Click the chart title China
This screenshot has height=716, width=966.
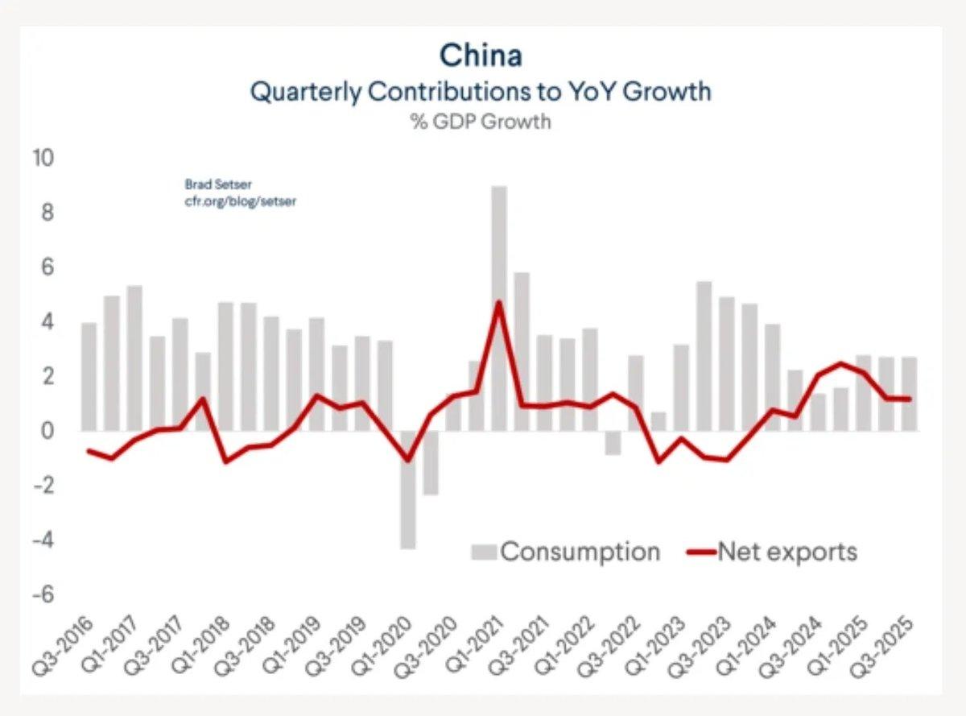point(481,56)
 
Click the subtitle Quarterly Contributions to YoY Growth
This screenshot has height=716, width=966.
point(481,91)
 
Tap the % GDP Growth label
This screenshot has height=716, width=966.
point(481,122)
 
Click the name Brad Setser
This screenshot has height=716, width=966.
point(207,184)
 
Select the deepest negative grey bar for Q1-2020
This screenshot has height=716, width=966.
point(408,490)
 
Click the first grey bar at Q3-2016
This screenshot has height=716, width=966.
point(89,377)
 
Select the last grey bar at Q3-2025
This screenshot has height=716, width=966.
point(908,394)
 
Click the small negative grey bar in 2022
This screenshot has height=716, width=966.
point(613,443)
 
